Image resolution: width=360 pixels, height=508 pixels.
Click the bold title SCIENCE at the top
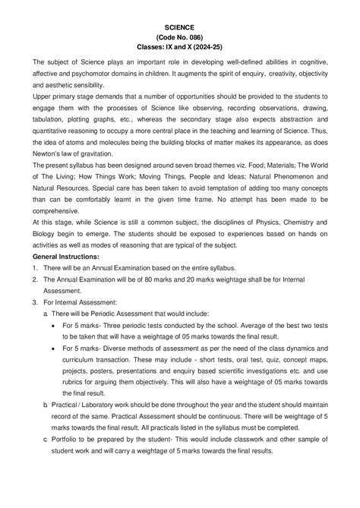180,24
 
